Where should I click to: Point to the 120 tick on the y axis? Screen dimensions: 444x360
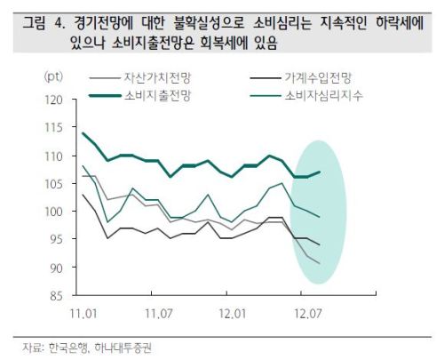[54, 100]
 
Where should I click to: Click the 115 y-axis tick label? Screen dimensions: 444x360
[54, 128]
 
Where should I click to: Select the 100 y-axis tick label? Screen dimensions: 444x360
[54, 212]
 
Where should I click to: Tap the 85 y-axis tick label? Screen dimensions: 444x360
[57, 296]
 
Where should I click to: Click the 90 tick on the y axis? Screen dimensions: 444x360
[57, 268]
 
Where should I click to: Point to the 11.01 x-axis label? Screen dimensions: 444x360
[83, 314]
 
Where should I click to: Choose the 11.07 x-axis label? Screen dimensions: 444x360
[159, 314]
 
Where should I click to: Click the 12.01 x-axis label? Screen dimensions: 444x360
[233, 314]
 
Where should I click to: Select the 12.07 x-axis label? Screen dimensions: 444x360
[308, 314]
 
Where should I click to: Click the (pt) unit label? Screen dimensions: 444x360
[53, 77]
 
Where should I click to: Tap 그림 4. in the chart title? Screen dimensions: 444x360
[44, 23]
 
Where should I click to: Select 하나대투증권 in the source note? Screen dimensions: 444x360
[123, 348]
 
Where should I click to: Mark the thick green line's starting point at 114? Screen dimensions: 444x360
[83, 133]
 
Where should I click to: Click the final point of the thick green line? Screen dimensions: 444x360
[320, 172]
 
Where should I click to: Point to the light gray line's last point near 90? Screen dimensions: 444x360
[320, 263]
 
